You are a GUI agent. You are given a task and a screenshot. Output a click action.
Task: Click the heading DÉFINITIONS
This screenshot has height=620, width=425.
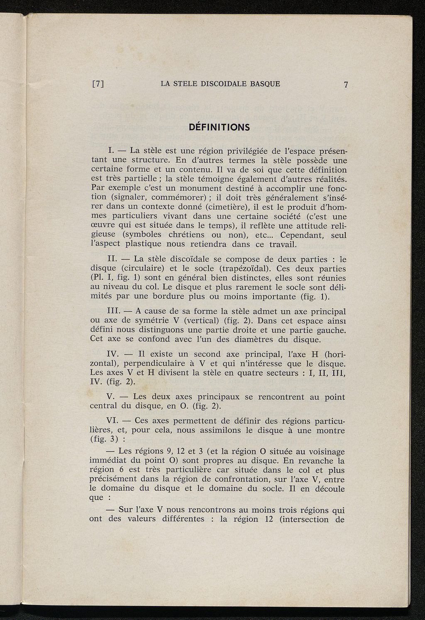coord(220,127)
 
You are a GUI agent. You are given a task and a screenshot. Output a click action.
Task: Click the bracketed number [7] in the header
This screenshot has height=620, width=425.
coord(98,84)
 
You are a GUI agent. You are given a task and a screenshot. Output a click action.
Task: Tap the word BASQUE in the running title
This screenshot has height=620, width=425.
coord(265,84)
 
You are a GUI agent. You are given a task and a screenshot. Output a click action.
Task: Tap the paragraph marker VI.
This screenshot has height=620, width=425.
coord(113,421)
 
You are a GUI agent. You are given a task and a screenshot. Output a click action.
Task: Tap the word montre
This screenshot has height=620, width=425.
coord(330,431)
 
